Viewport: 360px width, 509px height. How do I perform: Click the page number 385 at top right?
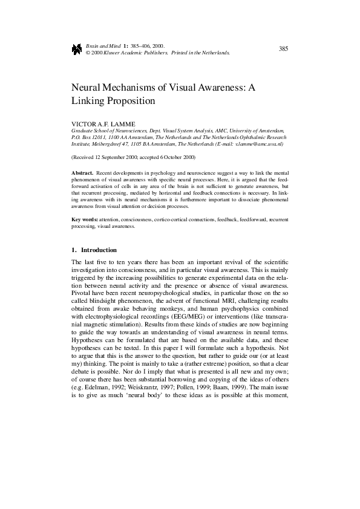pyautogui.click(x=283, y=49)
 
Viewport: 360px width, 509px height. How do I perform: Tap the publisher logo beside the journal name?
pyautogui.click(x=77, y=50)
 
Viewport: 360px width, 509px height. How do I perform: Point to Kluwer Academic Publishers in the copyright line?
pyautogui.click(x=135, y=53)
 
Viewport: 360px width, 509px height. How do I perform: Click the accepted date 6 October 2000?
pyautogui.click(x=176, y=157)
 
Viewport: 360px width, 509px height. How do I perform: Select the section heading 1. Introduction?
pyautogui.click(x=94, y=250)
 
